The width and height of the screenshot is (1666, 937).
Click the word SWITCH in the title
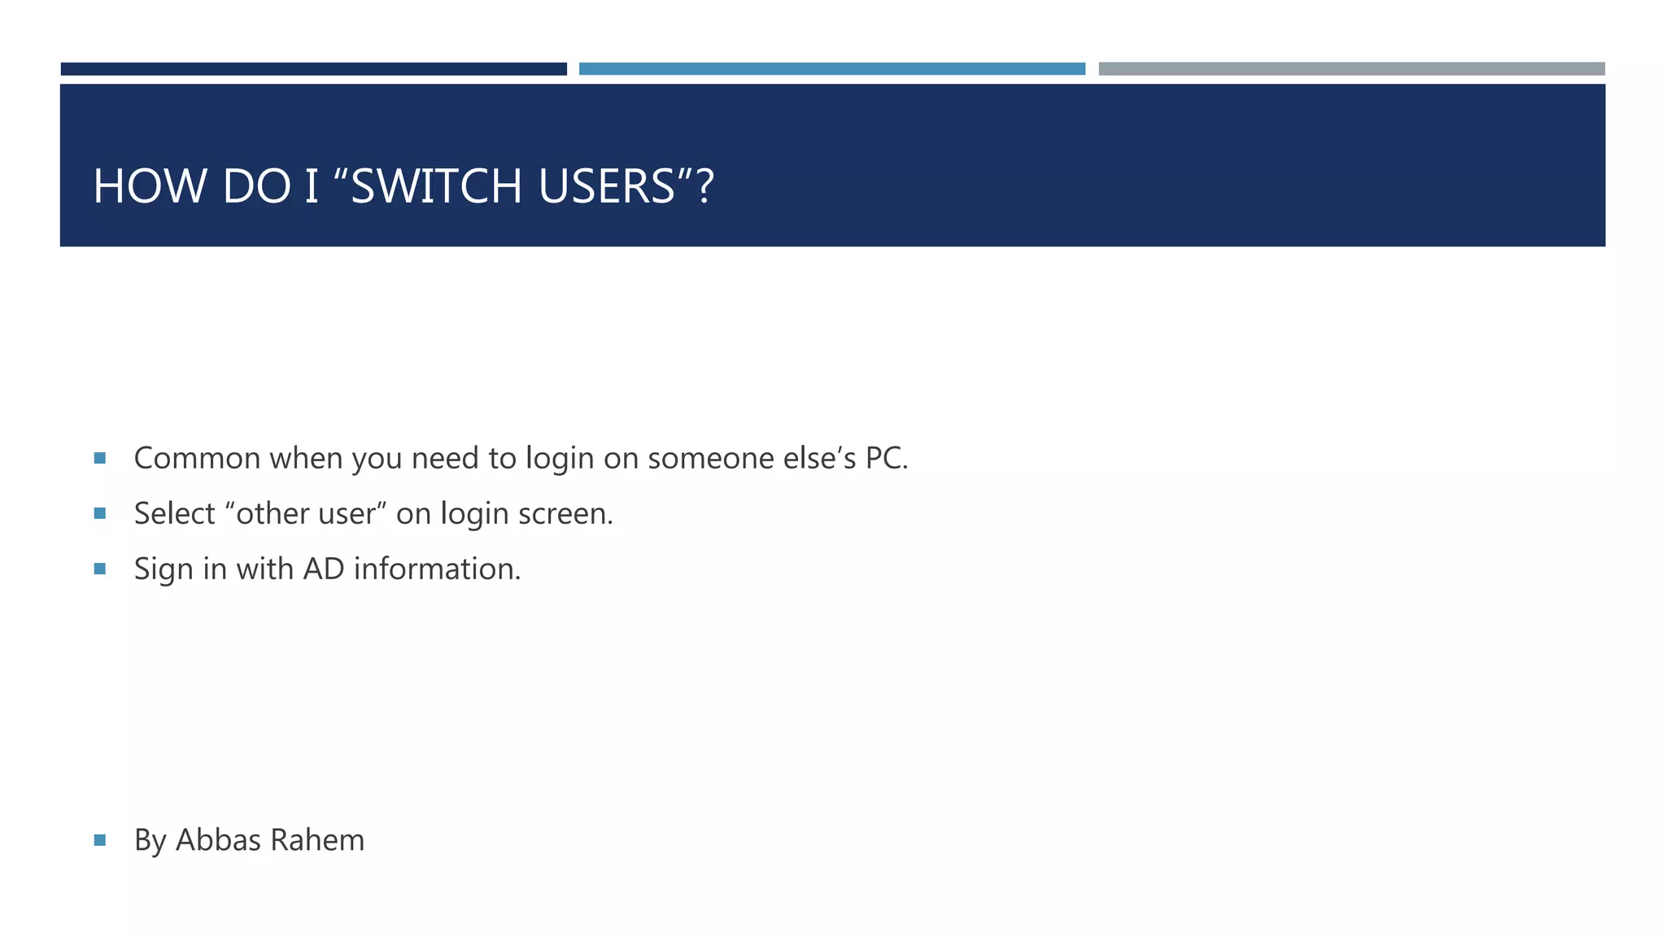tap(436, 186)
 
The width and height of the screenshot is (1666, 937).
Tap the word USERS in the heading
tap(606, 186)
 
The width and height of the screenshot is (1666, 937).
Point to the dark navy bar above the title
tap(313, 69)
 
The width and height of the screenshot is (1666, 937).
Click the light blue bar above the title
tap(831, 69)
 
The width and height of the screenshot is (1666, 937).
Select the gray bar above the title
tap(1351, 69)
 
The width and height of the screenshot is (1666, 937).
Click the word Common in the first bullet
tap(198, 459)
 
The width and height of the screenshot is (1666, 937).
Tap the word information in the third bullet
tap(437, 569)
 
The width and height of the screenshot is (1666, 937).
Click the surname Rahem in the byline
tap(316, 840)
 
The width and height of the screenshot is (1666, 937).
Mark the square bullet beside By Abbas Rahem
tap(100, 840)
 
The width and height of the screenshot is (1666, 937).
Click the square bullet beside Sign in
tap(100, 569)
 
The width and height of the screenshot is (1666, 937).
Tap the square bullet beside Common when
tap(100, 459)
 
